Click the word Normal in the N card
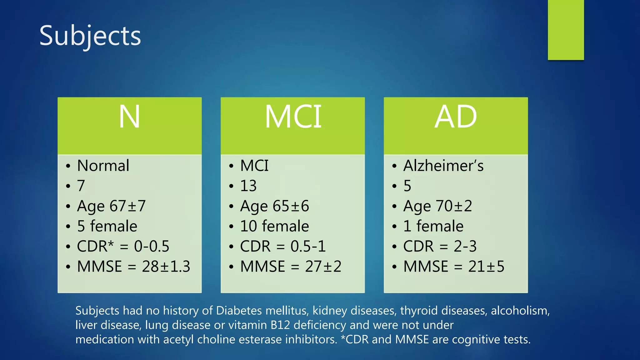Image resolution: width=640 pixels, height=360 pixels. tap(103, 166)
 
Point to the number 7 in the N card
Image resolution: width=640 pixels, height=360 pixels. tap(81, 186)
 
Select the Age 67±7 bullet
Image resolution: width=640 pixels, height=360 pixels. tap(111, 206)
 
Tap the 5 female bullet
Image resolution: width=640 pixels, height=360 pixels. tap(107, 226)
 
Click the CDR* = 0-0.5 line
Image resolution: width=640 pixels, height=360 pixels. tap(123, 246)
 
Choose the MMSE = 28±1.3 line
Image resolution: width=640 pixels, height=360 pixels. tap(133, 267)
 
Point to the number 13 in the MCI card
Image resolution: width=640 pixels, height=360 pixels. tap(248, 186)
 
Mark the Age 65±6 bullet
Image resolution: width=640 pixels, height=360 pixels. tap(274, 206)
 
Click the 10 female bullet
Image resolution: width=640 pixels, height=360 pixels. tap(274, 226)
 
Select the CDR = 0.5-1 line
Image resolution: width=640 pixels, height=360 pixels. tap(283, 246)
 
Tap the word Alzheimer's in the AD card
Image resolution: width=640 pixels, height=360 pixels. tap(443, 166)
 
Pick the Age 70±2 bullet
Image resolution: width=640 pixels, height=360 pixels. tap(437, 206)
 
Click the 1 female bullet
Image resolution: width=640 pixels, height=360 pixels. tap(433, 226)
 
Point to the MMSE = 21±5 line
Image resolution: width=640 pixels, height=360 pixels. tap(454, 267)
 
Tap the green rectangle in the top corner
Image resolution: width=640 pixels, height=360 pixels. tap(566, 30)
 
